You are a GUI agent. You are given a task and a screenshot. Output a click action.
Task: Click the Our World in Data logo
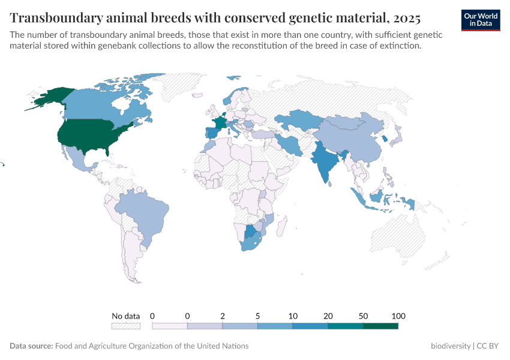coord(481,20)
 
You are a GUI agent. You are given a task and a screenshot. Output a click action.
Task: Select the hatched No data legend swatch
coord(126,326)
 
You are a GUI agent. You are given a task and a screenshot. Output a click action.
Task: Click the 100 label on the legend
coord(398,316)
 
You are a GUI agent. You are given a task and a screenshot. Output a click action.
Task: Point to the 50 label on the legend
coord(364,316)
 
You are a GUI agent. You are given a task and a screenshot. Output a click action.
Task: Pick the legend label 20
coord(328,316)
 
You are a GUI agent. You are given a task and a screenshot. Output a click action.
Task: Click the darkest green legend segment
coord(380,326)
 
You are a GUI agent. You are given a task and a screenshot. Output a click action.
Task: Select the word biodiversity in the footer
coord(451,346)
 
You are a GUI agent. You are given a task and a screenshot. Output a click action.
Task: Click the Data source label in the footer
coord(31,346)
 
